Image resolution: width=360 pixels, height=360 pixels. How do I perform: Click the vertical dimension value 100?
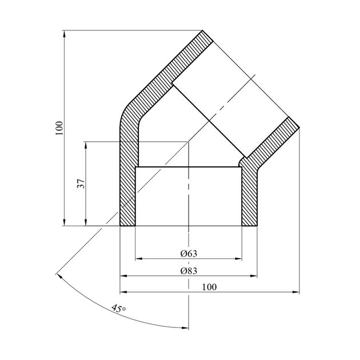tap(59, 128)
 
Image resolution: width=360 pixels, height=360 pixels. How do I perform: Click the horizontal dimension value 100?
tap(209, 287)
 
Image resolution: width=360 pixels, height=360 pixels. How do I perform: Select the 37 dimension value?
tap(81, 183)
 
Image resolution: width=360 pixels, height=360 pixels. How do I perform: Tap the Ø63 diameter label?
tap(189, 254)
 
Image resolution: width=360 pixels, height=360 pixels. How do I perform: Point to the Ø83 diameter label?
tap(189, 271)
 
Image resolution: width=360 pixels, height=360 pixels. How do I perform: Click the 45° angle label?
tap(119, 308)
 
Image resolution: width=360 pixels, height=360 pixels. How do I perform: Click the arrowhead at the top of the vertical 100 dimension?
tap(64, 34)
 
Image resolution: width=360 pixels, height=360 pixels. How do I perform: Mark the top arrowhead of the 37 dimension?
tap(86, 145)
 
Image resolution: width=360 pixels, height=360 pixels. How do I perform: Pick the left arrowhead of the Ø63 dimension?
tap(139, 259)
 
